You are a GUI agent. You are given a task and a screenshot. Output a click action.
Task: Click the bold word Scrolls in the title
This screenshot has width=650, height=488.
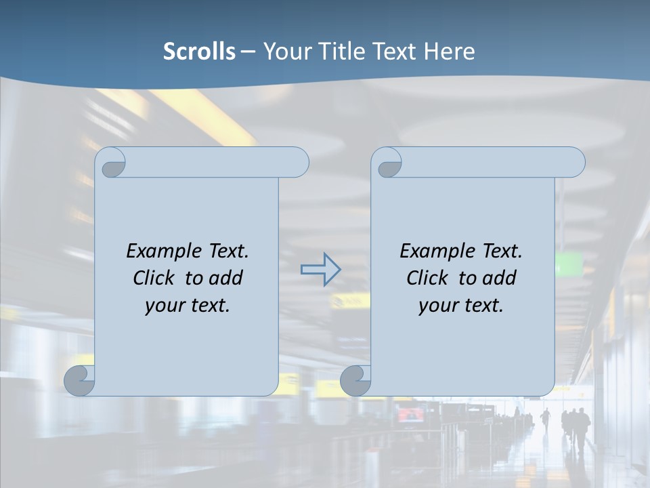[199, 52]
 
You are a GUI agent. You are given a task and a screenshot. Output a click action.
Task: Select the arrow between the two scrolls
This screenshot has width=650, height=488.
[320, 270]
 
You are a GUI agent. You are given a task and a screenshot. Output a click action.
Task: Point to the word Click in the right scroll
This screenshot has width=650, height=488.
[427, 278]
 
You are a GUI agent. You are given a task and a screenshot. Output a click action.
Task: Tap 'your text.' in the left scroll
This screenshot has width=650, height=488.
[188, 306]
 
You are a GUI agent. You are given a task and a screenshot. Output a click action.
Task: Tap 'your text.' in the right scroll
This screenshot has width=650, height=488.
[461, 306]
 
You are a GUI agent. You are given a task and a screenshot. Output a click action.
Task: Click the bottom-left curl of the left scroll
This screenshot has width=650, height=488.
[79, 380]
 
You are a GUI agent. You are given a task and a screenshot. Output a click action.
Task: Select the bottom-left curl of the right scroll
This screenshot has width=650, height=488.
[355, 380]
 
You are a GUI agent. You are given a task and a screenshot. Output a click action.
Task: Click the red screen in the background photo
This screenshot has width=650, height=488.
[410, 414]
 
